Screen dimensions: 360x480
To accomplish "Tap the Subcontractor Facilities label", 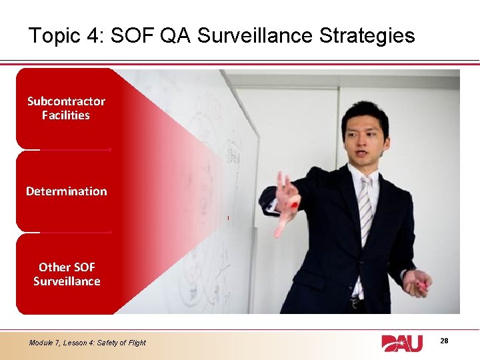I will [66, 108].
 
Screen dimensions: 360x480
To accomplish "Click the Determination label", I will [66, 191].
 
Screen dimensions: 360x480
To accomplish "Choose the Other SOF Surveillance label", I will [67, 274].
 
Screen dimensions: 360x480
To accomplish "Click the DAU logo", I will [402, 343].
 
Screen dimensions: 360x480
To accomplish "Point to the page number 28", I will [444, 341].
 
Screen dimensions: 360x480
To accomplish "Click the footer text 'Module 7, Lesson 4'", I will [64, 343].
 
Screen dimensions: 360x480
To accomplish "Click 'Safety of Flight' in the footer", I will [123, 343].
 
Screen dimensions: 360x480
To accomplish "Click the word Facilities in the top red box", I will [66, 115].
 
